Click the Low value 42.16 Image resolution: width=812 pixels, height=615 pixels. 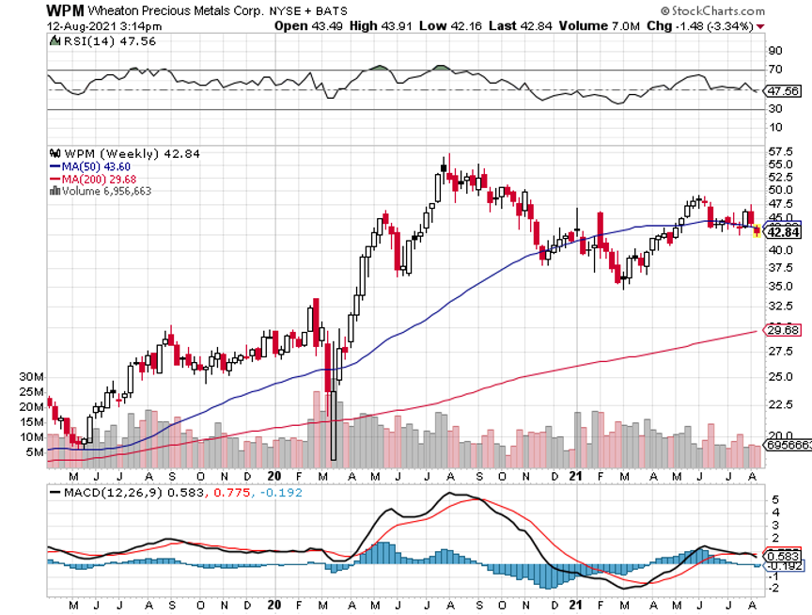pyautogui.click(x=443, y=25)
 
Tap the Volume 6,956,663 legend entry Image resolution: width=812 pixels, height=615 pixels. pyautogui.click(x=104, y=190)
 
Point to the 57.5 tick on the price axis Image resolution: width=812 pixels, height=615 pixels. pyautogui.click(x=781, y=150)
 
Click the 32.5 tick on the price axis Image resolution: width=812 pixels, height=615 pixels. pyautogui.click(x=781, y=306)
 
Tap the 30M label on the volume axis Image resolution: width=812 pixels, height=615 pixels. pyautogui.click(x=33, y=377)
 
